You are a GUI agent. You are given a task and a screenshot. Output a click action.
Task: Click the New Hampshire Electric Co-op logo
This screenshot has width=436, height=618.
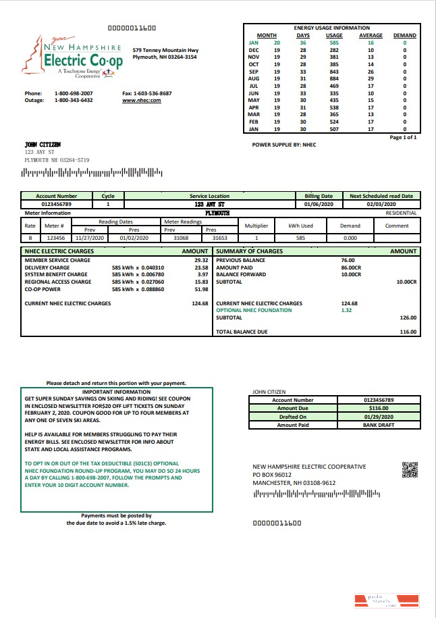click(x=72, y=59)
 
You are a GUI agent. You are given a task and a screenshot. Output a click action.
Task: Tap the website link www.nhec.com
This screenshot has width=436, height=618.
click(x=141, y=100)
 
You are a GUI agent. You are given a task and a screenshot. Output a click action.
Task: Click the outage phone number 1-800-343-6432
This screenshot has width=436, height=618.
click(x=74, y=100)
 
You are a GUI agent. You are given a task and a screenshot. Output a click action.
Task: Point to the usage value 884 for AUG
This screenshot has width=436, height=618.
click(x=334, y=79)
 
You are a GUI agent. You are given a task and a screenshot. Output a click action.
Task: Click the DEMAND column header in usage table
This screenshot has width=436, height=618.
click(x=404, y=35)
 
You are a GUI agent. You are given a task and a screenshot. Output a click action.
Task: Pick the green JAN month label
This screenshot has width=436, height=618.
click(x=254, y=43)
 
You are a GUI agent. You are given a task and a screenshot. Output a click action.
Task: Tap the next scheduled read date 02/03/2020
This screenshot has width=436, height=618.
click(x=381, y=203)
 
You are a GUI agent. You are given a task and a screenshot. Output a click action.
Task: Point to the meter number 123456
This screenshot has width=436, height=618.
click(x=56, y=238)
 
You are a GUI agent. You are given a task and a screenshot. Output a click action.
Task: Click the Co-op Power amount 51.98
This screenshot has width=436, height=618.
click(x=200, y=289)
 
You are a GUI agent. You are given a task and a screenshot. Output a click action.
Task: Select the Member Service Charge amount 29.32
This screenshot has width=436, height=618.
click(x=200, y=260)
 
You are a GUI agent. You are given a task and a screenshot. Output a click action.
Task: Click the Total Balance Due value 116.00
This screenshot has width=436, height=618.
click(x=408, y=332)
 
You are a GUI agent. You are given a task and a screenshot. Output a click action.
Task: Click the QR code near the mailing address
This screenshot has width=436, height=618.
click(x=410, y=469)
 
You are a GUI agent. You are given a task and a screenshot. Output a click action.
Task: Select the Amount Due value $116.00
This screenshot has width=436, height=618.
click(x=379, y=408)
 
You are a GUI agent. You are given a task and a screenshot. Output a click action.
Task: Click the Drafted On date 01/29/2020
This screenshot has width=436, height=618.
click(x=379, y=417)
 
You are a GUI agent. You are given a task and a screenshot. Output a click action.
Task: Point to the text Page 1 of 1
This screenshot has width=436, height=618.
click(x=404, y=137)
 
